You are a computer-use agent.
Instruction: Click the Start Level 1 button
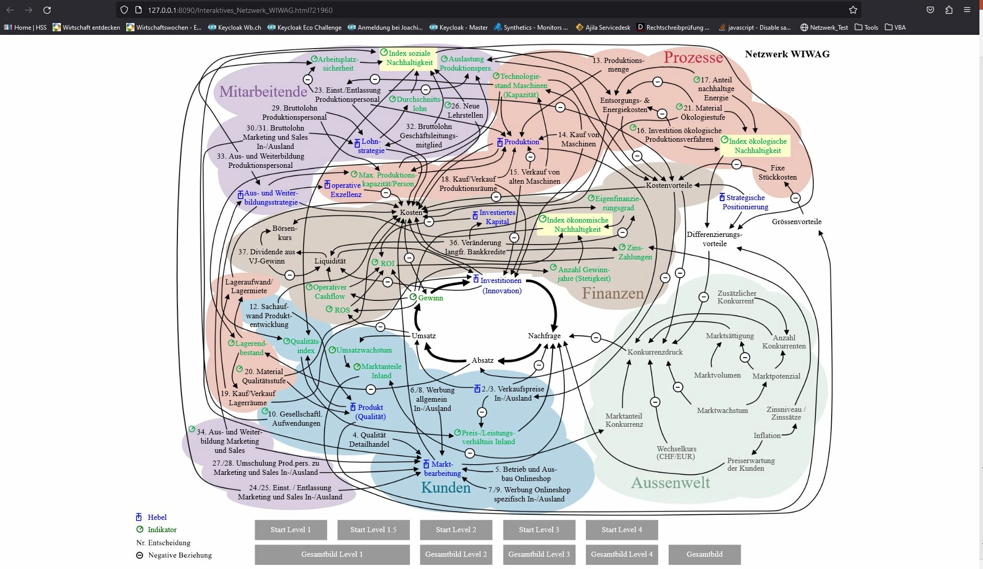click(x=290, y=530)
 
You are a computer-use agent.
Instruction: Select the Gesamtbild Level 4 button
click(x=622, y=554)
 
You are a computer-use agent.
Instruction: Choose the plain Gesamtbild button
click(x=704, y=554)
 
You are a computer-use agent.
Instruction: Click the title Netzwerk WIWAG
click(x=787, y=54)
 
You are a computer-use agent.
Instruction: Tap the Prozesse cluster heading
click(x=693, y=58)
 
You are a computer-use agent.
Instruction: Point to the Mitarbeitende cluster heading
click(x=263, y=92)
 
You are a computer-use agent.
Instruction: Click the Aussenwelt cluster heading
click(x=670, y=483)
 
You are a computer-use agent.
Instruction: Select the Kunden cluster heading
click(x=446, y=488)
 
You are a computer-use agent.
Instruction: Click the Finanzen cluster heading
click(x=612, y=293)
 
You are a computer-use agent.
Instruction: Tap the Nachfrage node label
click(x=544, y=336)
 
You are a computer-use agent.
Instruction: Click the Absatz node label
click(x=483, y=360)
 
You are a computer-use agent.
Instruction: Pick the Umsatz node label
click(x=423, y=336)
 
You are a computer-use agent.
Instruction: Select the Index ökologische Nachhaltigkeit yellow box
click(x=757, y=146)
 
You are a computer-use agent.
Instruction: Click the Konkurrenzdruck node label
click(x=655, y=352)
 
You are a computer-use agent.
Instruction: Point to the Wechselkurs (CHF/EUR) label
click(x=676, y=452)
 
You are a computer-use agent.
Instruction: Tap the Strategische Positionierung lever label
click(x=745, y=202)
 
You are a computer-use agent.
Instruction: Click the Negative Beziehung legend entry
click(x=179, y=555)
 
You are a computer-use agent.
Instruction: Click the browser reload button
click(x=47, y=10)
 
